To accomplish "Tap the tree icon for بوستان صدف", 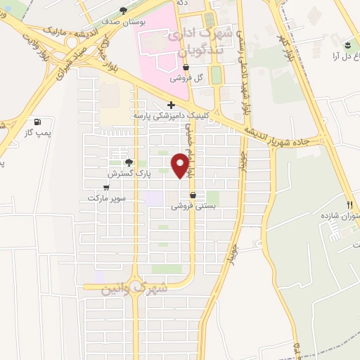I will pyautogui.click(x=124, y=11).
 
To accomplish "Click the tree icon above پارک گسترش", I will pyautogui.click(x=127, y=162).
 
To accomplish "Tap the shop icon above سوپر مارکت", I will pyautogui.click(x=106, y=188).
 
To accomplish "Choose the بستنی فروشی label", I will pyautogui.click(x=193, y=207).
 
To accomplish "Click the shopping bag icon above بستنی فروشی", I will pyautogui.click(x=193, y=196).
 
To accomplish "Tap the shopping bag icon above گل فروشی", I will pyautogui.click(x=186, y=68).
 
